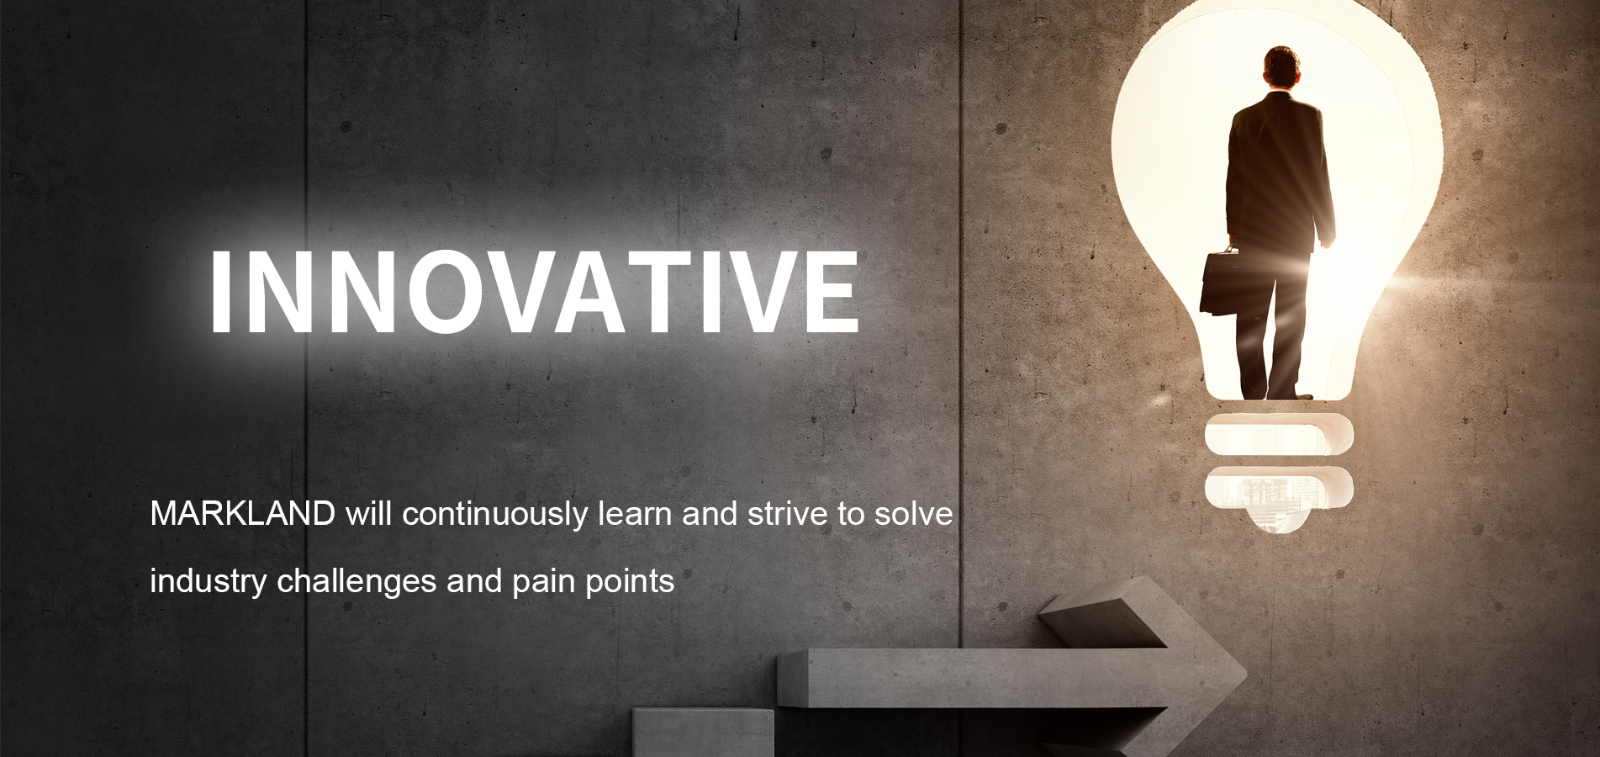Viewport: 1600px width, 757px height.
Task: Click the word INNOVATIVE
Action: [x=534, y=293]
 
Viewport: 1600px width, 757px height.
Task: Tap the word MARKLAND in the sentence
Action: [x=242, y=513]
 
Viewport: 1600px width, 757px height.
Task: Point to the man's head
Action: [x=1281, y=68]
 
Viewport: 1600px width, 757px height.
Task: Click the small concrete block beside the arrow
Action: [x=703, y=733]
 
